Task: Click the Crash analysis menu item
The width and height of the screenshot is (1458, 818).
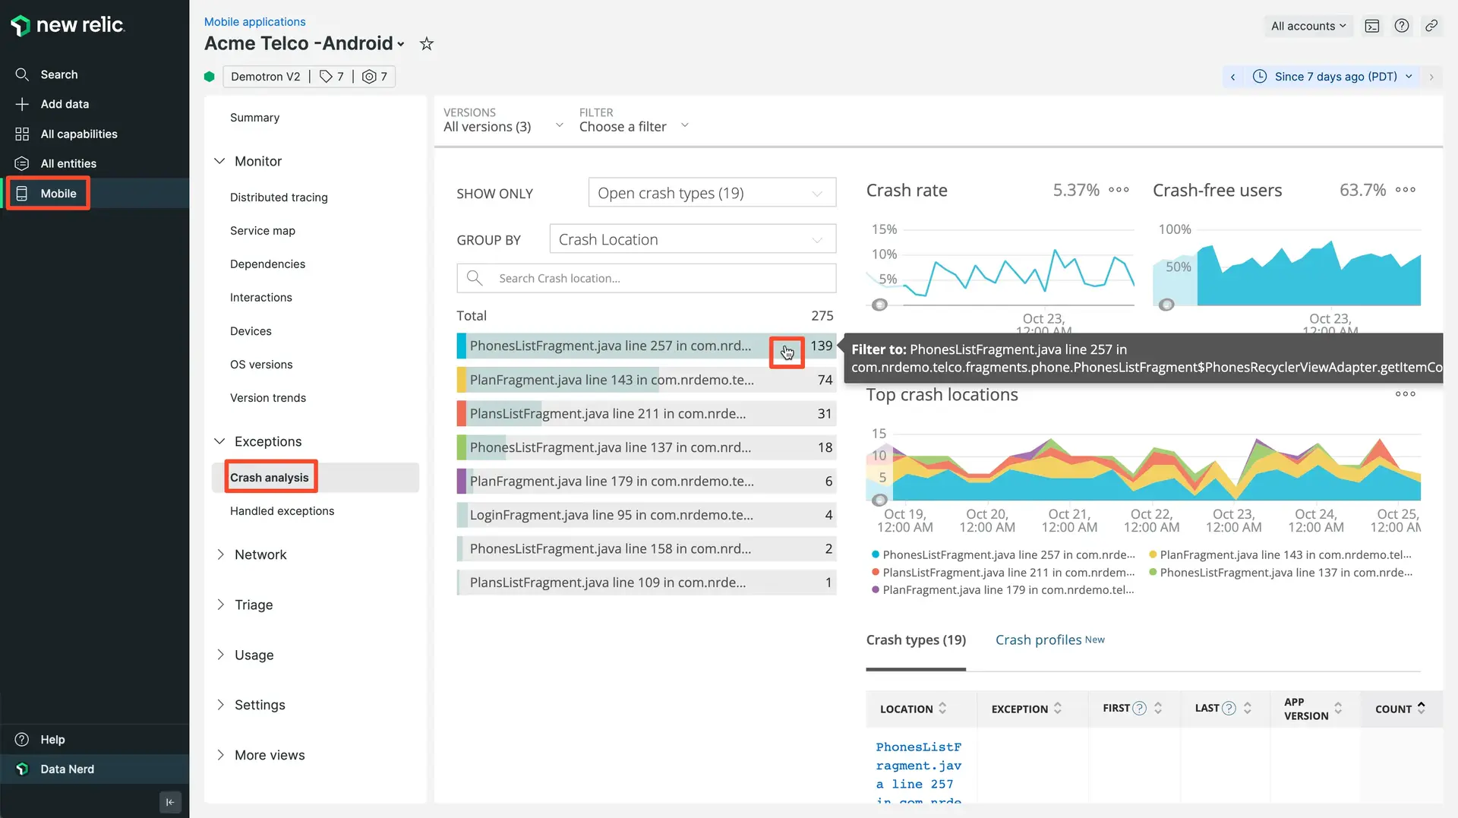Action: tap(270, 478)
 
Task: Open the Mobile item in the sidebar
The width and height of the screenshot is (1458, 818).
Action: tap(58, 194)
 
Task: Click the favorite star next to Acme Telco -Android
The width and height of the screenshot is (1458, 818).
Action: tap(427, 44)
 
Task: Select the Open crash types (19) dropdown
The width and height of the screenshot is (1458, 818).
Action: tap(712, 193)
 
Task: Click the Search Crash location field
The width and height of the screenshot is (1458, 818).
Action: tap(661, 279)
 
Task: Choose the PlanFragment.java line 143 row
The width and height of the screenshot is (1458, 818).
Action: tap(611, 380)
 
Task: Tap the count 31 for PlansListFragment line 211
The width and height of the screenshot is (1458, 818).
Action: tap(825, 414)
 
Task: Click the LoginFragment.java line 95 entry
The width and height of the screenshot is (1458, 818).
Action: tap(611, 515)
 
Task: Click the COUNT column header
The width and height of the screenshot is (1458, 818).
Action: tap(1393, 709)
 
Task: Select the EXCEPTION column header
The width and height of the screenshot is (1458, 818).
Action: tap(1019, 709)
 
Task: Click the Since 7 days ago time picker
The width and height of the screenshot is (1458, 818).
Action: tap(1335, 77)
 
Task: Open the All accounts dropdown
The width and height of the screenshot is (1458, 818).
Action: tap(1308, 26)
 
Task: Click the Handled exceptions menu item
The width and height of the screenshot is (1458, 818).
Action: tap(282, 511)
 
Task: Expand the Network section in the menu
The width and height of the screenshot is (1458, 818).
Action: tap(260, 555)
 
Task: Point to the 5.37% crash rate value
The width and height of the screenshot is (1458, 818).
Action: tap(1076, 190)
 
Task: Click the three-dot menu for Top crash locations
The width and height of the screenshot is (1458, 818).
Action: tap(1405, 394)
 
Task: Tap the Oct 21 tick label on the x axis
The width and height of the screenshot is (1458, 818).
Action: tap(1069, 520)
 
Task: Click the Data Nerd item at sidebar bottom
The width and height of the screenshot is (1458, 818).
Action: tap(67, 769)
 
